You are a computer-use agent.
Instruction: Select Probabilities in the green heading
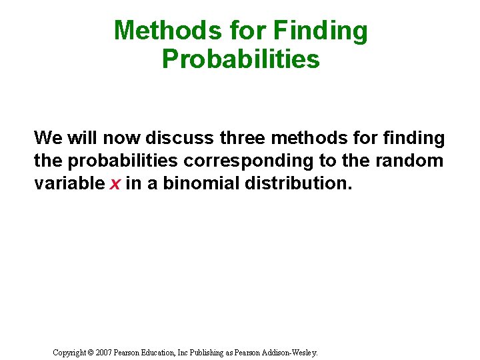coord(241,59)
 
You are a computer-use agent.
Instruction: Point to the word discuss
coord(179,138)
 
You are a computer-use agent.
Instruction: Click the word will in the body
coord(82,138)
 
